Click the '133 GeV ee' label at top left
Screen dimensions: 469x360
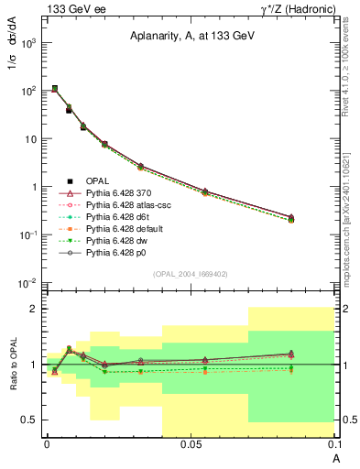click(x=70, y=9)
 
